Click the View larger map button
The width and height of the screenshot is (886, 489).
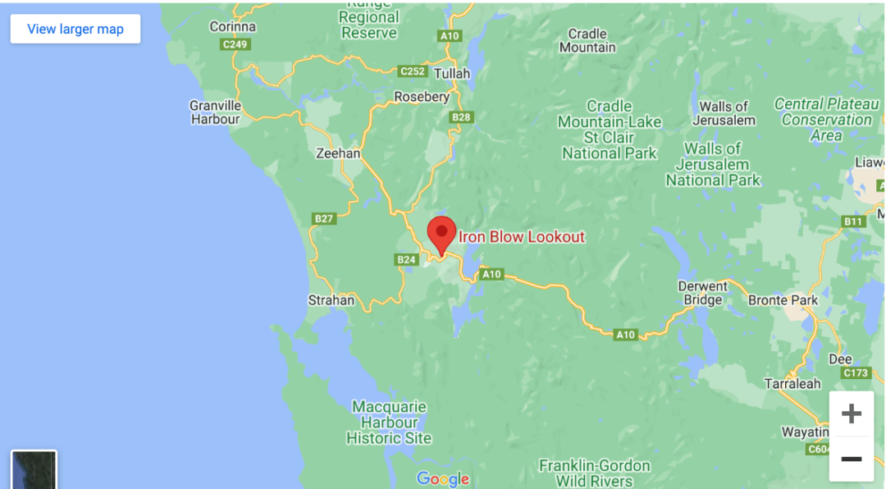coord(75,29)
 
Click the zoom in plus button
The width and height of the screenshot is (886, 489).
coord(852,414)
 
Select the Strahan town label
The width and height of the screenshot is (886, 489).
coord(331,300)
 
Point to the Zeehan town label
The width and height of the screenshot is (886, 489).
coord(338,153)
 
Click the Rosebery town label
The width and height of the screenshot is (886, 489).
coord(422,97)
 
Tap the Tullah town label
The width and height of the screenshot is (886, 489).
coord(452,74)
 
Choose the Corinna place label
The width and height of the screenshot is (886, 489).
coord(233,26)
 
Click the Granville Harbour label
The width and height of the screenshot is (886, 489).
coord(215,112)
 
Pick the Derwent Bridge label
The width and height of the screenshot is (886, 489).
coord(703,293)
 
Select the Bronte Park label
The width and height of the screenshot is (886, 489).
coord(783,300)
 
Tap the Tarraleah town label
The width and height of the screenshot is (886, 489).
coord(792,384)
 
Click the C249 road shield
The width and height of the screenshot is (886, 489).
coord(235,44)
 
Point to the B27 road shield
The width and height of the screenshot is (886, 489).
coord(325,218)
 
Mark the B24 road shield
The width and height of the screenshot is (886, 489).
coord(406,260)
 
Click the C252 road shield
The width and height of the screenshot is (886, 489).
coord(413,71)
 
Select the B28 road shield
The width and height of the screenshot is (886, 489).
coord(462,117)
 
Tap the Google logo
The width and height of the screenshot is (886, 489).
coord(443,478)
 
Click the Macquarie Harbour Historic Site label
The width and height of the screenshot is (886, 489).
coord(389,423)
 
